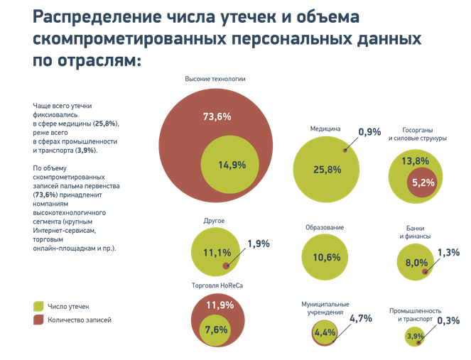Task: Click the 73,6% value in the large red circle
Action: click(217, 116)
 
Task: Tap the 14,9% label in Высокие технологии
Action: click(232, 165)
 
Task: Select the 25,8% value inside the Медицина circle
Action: click(327, 170)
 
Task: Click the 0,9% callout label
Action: click(369, 132)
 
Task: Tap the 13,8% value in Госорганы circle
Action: click(416, 161)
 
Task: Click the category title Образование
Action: click(325, 227)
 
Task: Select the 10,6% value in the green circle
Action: click(327, 257)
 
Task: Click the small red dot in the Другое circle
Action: click(227, 266)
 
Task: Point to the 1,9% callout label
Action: click(258, 244)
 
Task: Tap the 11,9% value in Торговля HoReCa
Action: click(220, 305)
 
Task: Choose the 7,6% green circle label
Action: click(216, 329)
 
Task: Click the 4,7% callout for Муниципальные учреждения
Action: click(361, 318)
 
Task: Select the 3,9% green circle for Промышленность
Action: click(415, 337)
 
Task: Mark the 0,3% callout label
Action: click(448, 320)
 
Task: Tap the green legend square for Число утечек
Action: click(38, 306)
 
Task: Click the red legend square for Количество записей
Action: click(38, 320)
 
